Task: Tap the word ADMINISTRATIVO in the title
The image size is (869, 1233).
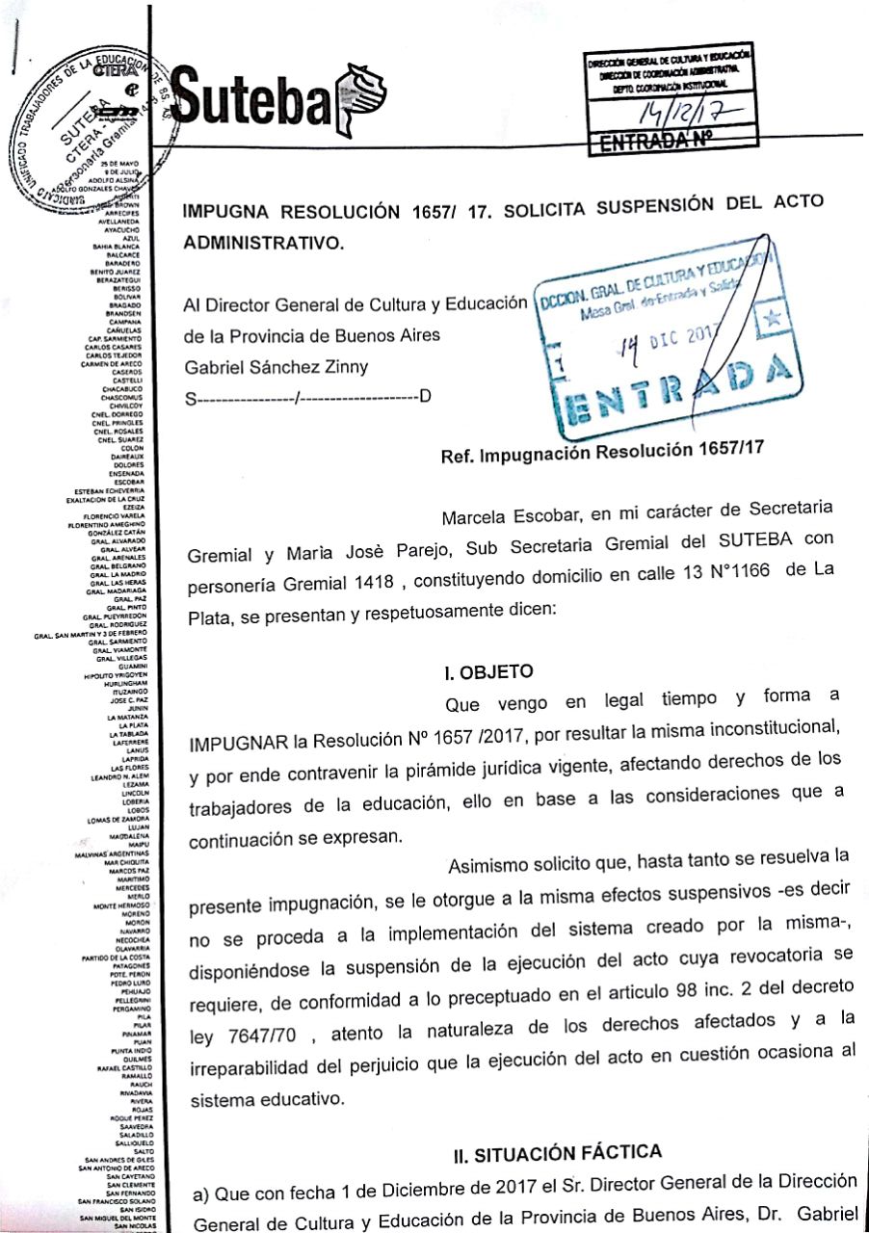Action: coord(261,243)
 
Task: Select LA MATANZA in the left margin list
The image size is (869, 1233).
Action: coord(125,718)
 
